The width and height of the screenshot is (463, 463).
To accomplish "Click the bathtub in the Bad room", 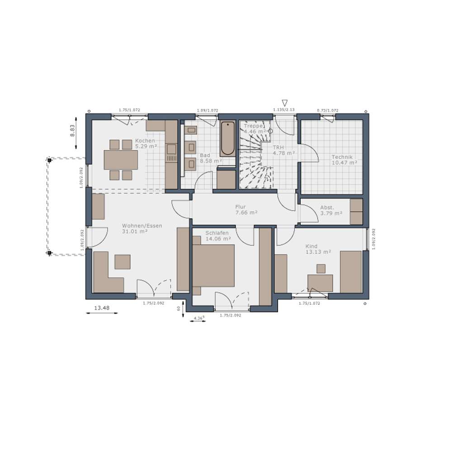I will [x=228, y=138].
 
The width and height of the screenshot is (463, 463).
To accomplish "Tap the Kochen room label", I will [x=145, y=141].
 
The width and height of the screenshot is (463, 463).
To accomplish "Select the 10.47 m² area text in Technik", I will [x=344, y=162].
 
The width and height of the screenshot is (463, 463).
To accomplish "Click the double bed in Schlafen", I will [x=213, y=265].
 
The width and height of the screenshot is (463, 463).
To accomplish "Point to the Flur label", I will [x=240, y=207].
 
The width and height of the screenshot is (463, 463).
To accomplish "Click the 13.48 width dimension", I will [x=101, y=308].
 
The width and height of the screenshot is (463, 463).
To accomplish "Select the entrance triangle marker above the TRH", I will [x=284, y=103].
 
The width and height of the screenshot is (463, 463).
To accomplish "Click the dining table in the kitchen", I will [x=121, y=160].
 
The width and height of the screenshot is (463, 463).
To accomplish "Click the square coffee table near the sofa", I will [x=123, y=262].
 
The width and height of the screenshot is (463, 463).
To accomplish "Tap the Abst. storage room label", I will [x=327, y=208].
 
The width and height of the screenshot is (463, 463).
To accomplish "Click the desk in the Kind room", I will [x=320, y=283].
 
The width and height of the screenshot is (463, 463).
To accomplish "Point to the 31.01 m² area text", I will [x=135, y=231].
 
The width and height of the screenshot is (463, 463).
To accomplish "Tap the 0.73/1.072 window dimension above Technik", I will [x=327, y=110].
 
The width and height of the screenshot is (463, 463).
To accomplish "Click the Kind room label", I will [x=312, y=246].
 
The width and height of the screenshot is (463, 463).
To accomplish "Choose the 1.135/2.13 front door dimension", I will [x=284, y=109].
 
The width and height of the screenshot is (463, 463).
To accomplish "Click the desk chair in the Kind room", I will [x=321, y=269].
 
